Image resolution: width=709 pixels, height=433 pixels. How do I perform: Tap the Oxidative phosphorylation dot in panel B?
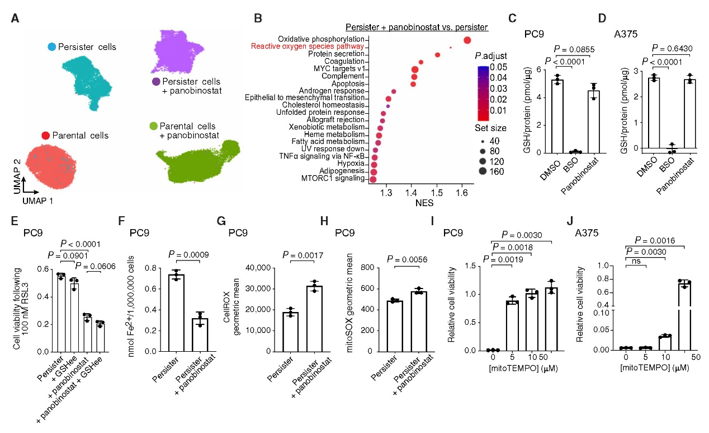[x=467, y=39]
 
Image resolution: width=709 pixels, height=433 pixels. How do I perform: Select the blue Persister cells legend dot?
[x=51, y=47]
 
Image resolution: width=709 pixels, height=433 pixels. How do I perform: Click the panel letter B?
[x=258, y=19]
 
